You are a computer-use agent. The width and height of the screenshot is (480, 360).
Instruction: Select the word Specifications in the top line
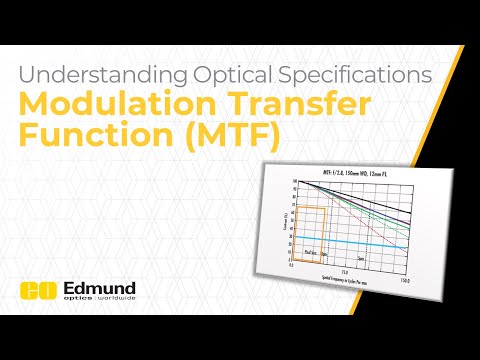tap(354, 75)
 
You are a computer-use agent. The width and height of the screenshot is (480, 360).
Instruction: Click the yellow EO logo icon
tap(35, 291)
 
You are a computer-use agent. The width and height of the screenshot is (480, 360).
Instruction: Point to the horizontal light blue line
tap(360, 244)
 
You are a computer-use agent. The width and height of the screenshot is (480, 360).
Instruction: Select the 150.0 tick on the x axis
tap(403, 280)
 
